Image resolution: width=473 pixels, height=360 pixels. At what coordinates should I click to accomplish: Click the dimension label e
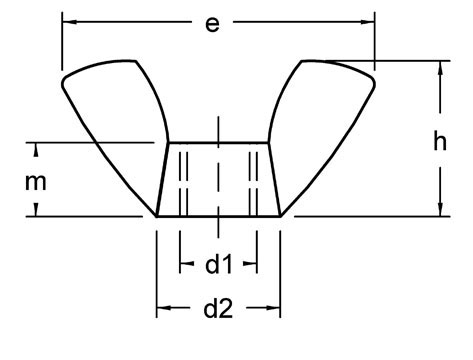click(x=211, y=24)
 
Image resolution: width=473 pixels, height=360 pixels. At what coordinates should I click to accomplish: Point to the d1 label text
click(x=218, y=265)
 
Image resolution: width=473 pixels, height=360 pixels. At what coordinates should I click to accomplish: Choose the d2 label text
click(x=217, y=310)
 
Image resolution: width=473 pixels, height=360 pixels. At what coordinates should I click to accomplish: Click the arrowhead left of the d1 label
click(x=185, y=265)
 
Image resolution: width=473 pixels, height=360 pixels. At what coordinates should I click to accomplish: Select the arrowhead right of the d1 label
click(x=252, y=265)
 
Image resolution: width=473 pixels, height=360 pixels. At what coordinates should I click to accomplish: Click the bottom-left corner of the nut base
click(x=157, y=215)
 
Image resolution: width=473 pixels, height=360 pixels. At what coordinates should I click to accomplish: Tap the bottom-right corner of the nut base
click(x=281, y=215)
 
